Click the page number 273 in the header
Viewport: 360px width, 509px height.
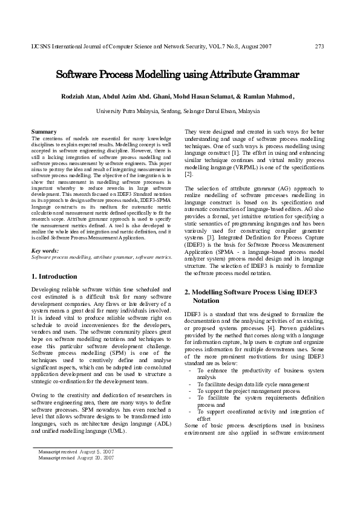click(x=320, y=47)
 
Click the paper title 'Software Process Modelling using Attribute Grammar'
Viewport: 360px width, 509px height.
click(x=178, y=76)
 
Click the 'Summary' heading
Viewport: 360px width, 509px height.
click(x=44, y=131)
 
